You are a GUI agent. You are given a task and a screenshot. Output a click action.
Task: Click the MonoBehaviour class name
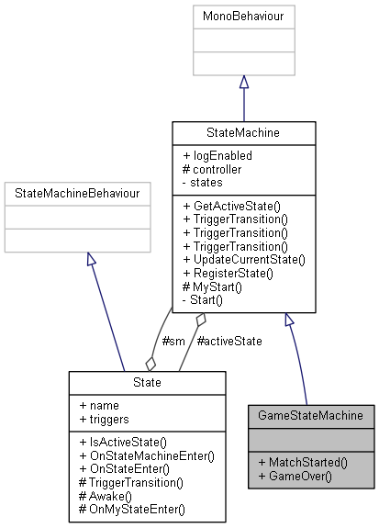click(x=243, y=17)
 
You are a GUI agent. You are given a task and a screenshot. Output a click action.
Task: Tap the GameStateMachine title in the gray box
click(x=311, y=415)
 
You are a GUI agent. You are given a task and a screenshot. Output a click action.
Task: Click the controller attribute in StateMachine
click(x=217, y=169)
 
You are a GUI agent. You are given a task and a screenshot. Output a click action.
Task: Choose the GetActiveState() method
click(x=231, y=206)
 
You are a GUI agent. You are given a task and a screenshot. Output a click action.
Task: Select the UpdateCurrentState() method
click(x=243, y=260)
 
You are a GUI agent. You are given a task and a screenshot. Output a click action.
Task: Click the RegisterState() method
click(x=228, y=273)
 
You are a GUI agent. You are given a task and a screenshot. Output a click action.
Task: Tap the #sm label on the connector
click(x=173, y=341)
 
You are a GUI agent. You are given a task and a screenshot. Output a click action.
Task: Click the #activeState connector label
click(x=229, y=341)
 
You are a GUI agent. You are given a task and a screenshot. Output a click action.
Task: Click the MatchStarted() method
click(x=304, y=463)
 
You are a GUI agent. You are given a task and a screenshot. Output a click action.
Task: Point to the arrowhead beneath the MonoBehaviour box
click(x=243, y=83)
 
